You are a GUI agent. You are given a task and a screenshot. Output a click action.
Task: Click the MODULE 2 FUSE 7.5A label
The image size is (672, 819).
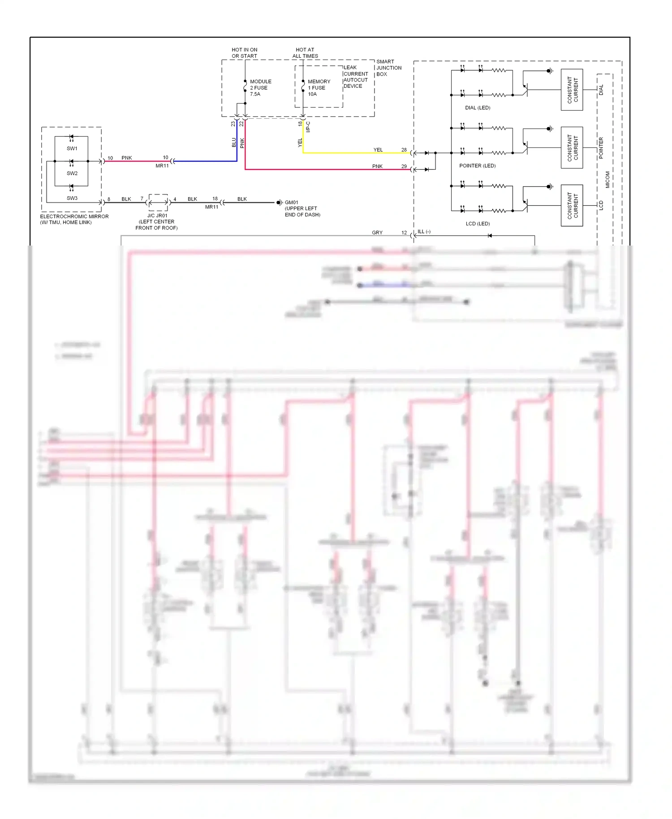260,88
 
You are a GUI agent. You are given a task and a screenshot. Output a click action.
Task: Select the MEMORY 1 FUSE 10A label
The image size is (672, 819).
319,88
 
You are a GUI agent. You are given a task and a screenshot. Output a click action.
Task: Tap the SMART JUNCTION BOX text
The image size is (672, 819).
388,68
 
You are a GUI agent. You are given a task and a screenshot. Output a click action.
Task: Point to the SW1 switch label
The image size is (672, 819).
72,148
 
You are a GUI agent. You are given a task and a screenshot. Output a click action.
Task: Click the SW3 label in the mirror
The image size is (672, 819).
72,198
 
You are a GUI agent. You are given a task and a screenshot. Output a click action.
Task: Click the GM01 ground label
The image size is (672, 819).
292,203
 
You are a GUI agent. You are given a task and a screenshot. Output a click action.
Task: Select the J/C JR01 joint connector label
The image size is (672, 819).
157,216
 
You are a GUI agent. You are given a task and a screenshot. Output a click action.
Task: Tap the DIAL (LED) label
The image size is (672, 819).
478,108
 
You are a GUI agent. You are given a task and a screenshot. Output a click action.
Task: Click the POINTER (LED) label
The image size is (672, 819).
477,166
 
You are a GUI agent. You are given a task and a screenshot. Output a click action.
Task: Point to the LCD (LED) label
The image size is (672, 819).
478,224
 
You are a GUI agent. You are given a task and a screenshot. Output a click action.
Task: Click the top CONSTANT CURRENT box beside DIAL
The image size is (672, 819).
572,90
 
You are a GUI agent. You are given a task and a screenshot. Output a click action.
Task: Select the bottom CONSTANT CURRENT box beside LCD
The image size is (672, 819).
572,205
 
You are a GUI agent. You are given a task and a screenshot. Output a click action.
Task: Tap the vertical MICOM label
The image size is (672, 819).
607,180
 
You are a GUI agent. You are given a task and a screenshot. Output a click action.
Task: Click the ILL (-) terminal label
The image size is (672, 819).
424,232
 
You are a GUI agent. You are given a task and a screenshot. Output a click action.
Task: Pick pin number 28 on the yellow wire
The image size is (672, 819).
404,150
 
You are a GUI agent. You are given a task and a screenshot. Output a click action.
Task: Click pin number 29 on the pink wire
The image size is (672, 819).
404,166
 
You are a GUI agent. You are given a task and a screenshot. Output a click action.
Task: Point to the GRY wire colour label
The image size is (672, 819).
377,233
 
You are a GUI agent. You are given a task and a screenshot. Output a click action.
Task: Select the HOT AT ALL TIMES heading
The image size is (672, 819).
305,53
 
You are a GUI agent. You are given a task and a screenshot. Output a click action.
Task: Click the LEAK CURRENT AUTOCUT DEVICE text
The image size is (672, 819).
355,77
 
